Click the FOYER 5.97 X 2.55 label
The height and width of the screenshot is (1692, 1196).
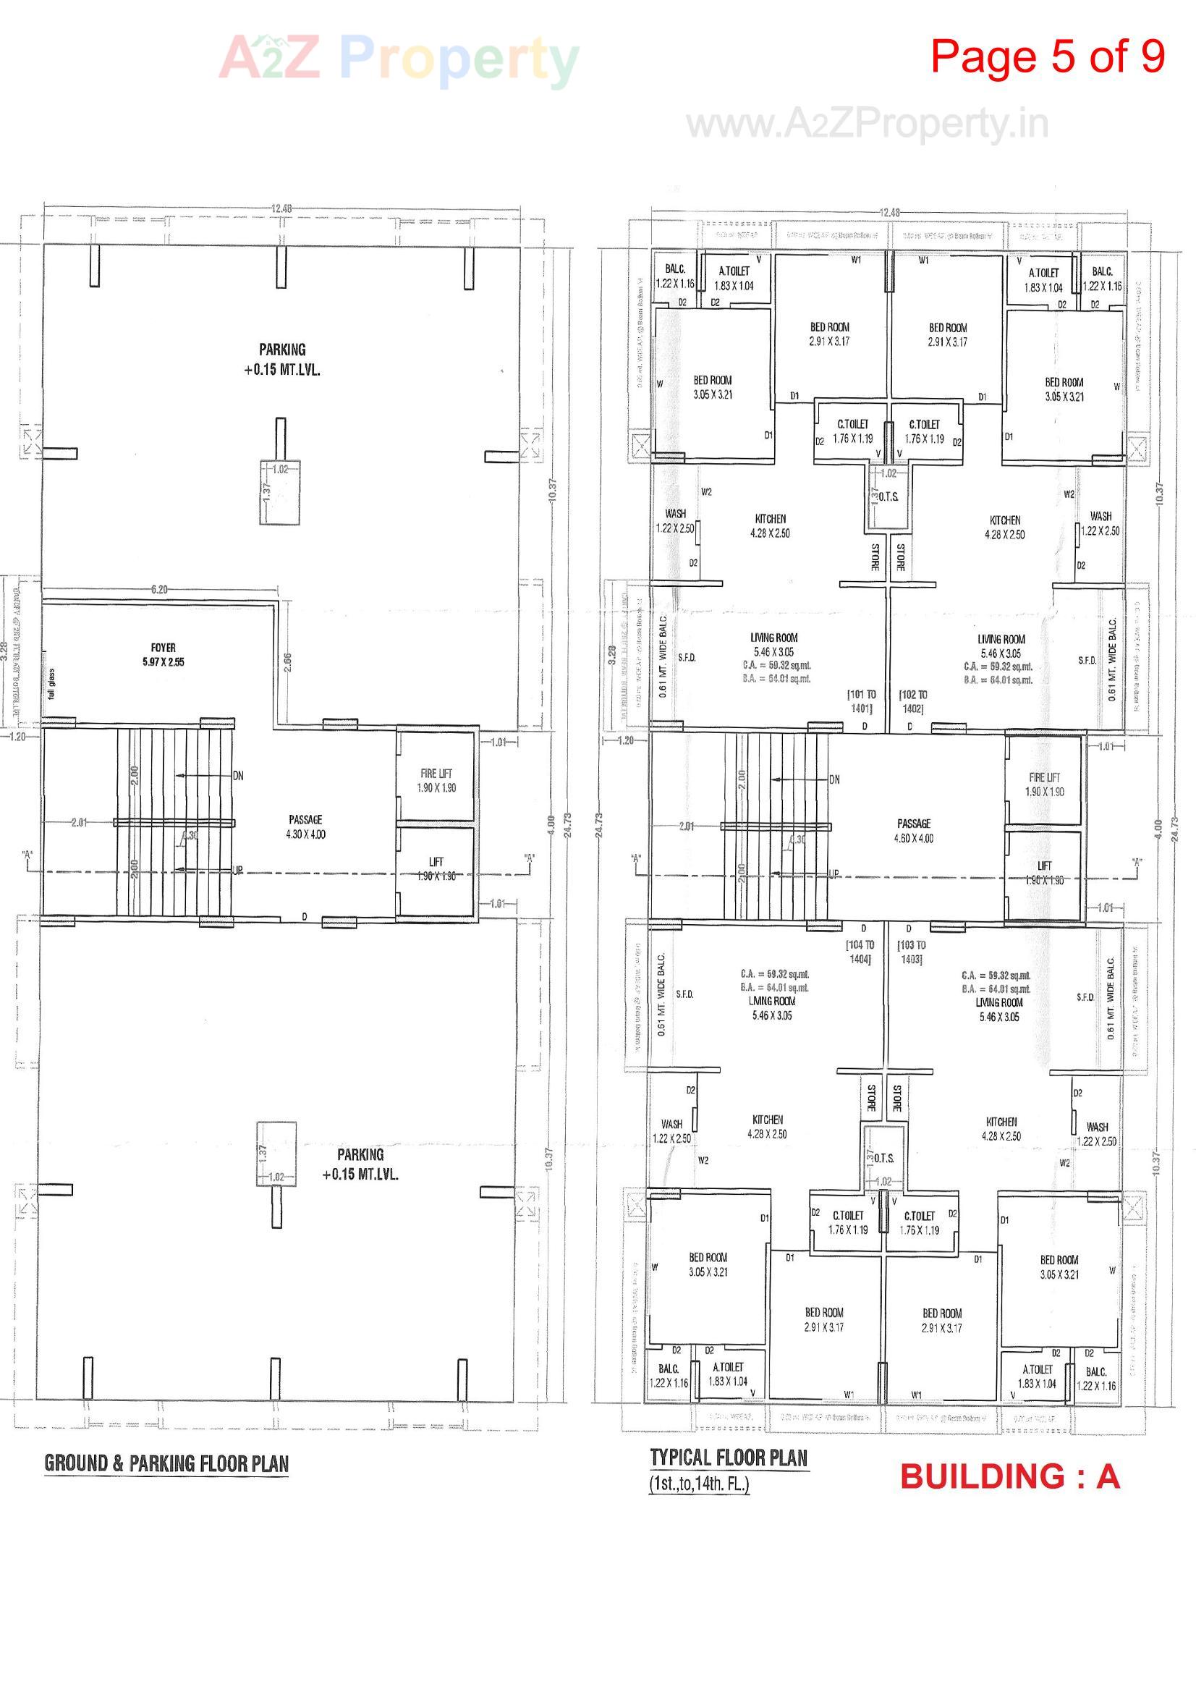(163, 654)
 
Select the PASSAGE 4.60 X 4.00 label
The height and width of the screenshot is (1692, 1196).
(914, 831)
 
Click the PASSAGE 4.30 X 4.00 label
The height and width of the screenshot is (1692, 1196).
(306, 826)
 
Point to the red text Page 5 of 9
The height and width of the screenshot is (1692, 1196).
(1046, 56)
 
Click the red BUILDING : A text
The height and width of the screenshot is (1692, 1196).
(1009, 1477)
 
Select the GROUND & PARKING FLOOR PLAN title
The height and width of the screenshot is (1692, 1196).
(166, 1463)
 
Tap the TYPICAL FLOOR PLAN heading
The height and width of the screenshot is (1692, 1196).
(729, 1458)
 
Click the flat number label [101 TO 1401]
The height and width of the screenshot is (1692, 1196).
(862, 701)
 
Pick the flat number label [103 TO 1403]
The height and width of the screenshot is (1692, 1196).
(912, 952)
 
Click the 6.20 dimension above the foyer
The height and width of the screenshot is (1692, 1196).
(159, 590)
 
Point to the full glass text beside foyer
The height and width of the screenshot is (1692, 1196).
(51, 683)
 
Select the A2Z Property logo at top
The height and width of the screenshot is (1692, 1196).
(399, 59)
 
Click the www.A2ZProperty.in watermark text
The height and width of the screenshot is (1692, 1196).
(868, 123)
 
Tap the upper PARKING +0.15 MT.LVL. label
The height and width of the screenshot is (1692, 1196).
(282, 359)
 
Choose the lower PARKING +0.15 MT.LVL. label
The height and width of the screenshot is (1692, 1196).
(360, 1164)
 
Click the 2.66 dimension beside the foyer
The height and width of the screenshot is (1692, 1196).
(288, 661)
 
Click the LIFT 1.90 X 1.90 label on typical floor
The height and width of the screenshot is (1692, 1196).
(1044, 873)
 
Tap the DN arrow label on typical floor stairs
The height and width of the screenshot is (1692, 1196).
(834, 779)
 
